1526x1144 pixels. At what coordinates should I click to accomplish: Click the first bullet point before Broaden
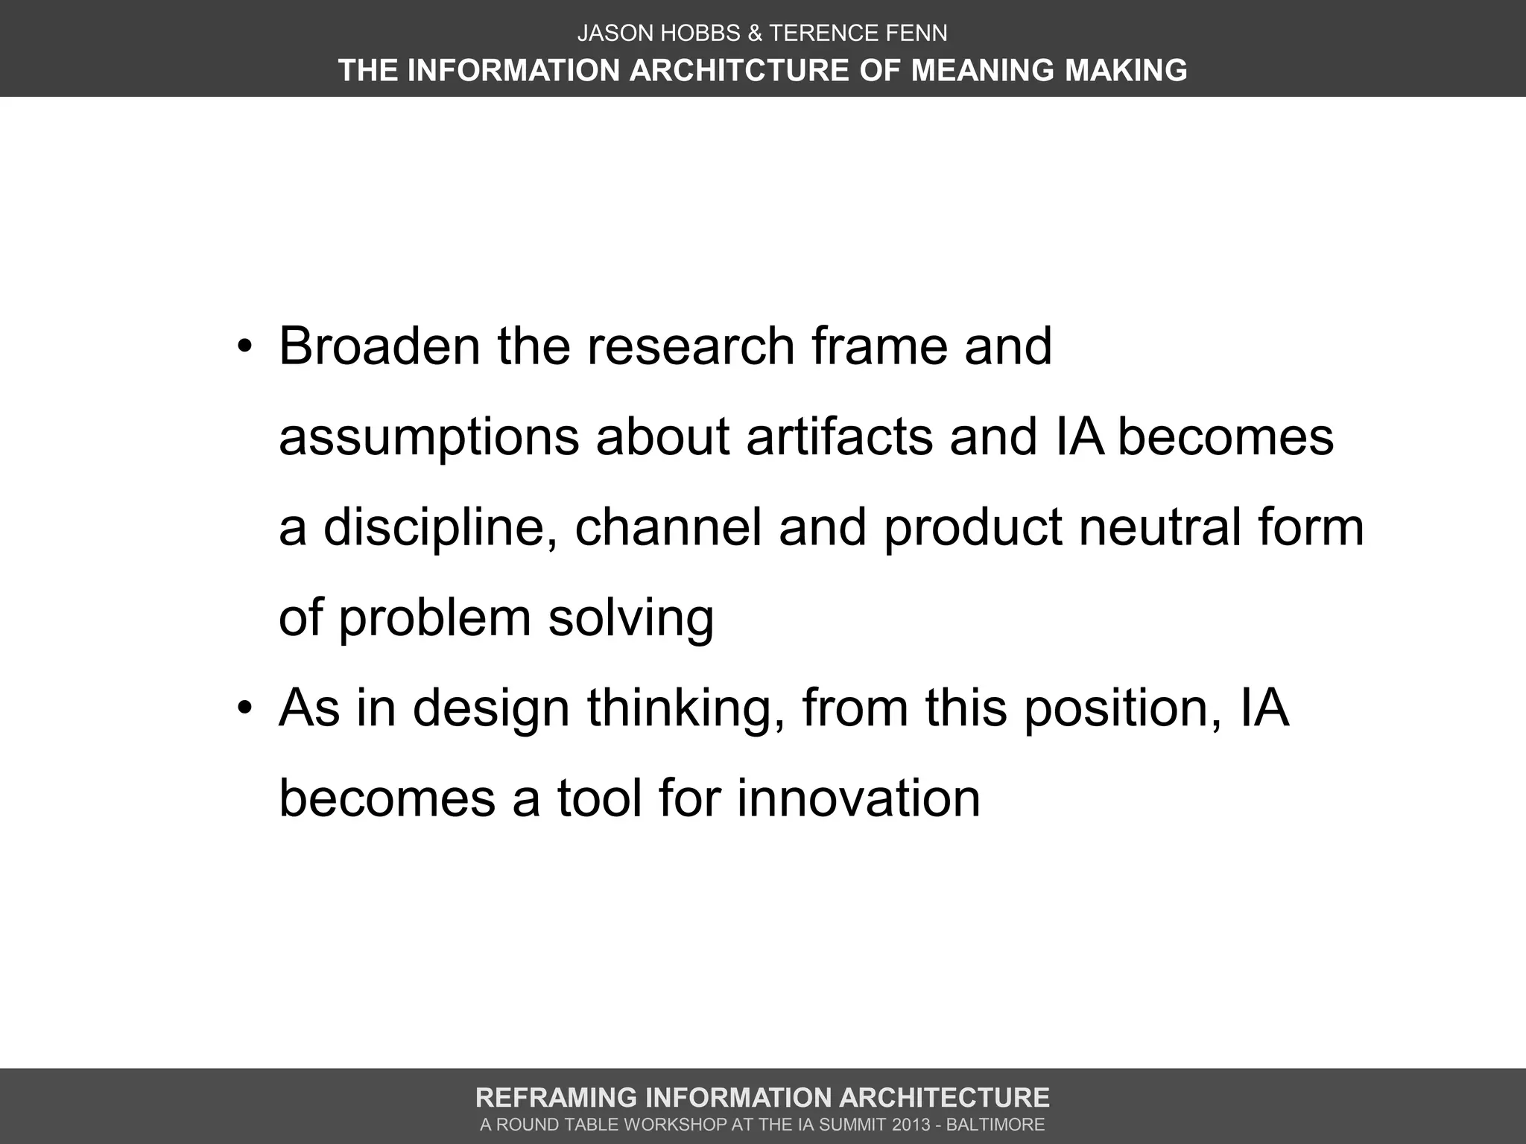tap(246, 348)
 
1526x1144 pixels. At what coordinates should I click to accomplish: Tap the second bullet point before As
tap(246, 709)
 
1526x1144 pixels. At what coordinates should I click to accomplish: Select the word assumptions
tap(428, 438)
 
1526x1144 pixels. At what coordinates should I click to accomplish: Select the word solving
tap(631, 619)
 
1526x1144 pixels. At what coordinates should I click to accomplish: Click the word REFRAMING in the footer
tap(555, 1098)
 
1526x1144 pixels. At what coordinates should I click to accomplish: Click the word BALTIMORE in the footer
tap(995, 1125)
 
